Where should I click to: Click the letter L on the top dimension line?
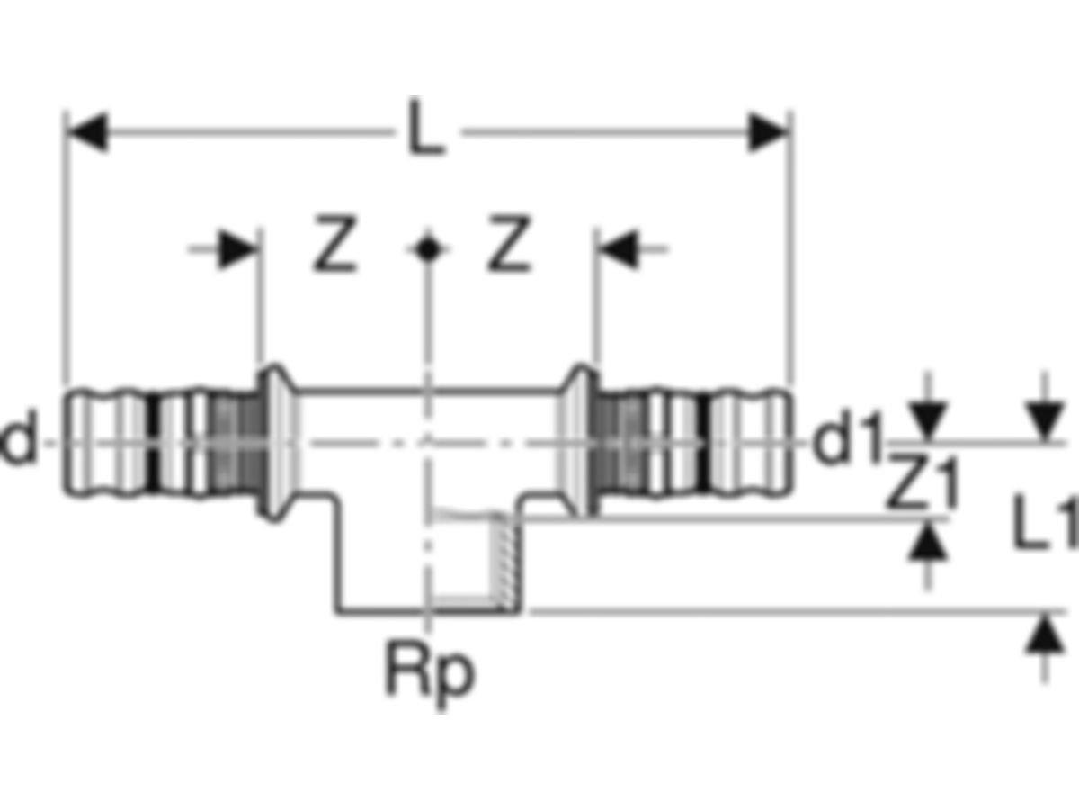click(x=427, y=127)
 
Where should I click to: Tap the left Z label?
click(x=334, y=243)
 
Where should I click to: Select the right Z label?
click(x=509, y=243)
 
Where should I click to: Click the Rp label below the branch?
click(x=430, y=675)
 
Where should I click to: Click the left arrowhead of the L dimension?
click(x=86, y=132)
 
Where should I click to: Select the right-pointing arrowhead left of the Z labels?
click(x=238, y=250)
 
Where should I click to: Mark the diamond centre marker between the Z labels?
click(x=428, y=250)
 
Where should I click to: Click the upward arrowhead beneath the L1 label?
click(x=1045, y=634)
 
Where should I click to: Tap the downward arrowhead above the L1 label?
click(x=1045, y=421)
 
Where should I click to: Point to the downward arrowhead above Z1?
click(x=927, y=421)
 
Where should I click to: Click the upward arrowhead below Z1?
click(x=927, y=540)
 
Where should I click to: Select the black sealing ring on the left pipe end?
click(x=154, y=442)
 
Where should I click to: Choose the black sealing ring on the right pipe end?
click(x=704, y=442)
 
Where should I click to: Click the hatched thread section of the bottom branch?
click(x=504, y=561)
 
